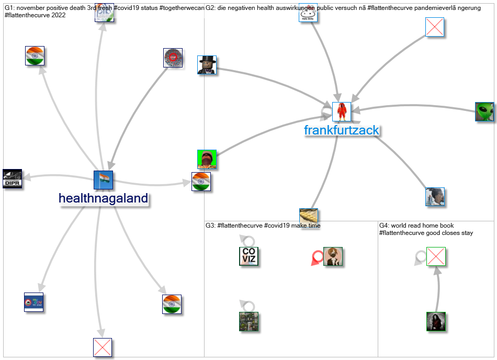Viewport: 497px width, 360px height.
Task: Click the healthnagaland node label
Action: [x=103, y=198]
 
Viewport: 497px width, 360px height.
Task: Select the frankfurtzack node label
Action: [x=341, y=130]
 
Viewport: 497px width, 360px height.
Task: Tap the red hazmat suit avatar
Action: [x=342, y=112]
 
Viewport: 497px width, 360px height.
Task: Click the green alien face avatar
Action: [x=484, y=112]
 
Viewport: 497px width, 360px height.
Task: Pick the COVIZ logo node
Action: [x=249, y=256]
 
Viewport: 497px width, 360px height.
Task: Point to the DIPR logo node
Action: [x=12, y=179]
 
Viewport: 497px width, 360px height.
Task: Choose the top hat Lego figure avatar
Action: [x=207, y=65]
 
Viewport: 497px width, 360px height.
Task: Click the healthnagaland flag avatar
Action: [x=103, y=180]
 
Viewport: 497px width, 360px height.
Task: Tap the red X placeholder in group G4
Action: [x=436, y=256]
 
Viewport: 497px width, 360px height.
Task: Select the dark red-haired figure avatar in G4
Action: [x=436, y=321]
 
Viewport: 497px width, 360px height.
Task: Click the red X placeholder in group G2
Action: [x=434, y=27]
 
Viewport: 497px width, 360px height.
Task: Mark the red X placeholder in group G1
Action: [x=103, y=347]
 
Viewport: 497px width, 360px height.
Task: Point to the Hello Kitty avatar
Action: [x=308, y=13]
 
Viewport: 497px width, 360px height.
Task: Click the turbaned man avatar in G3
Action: [x=333, y=256]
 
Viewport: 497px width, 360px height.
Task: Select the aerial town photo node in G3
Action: [x=249, y=321]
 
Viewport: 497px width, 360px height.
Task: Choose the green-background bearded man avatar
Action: [x=207, y=159]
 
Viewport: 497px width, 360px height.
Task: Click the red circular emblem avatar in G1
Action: [x=173, y=58]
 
